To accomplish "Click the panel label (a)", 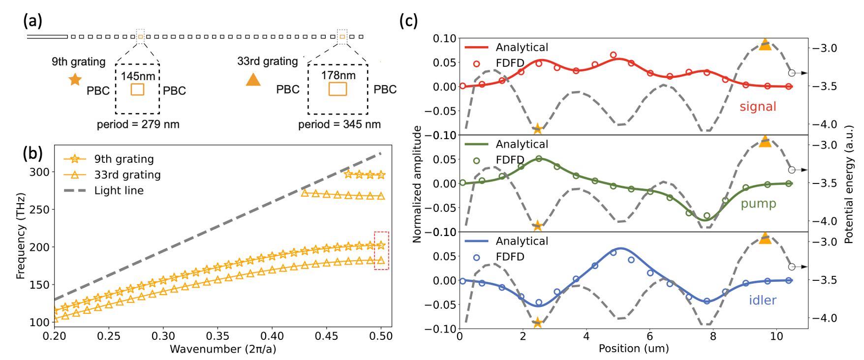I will click(32, 21).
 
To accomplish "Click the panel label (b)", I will click(32, 153).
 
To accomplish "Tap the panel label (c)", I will click(408, 21).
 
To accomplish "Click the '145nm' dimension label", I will click(138, 76).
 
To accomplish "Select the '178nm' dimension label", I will click(338, 75).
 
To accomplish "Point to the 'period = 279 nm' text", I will click(138, 124).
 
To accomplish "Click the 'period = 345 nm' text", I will click(339, 124).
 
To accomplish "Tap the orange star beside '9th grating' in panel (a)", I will click(75, 79).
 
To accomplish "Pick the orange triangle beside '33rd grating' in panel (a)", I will click(253, 79).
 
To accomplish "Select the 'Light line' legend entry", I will click(119, 190).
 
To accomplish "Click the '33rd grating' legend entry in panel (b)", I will click(127, 175).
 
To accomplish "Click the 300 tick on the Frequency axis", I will click(39, 172).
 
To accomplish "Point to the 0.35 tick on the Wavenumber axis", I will click(217, 336).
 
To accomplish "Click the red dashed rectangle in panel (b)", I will click(381, 250).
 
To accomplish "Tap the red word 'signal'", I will click(758, 107).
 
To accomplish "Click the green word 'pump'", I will click(758, 204).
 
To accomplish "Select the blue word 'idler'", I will click(762, 300).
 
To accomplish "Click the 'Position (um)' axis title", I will click(633, 349).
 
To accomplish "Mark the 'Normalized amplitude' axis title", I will click(417, 184).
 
